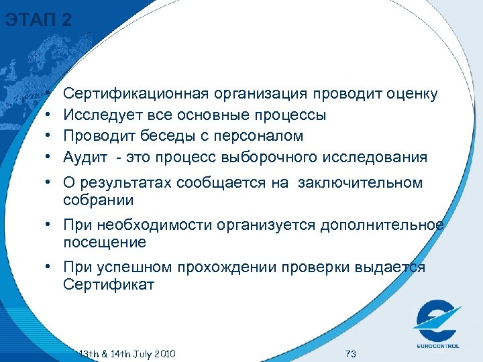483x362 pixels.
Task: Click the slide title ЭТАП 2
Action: (x=38, y=20)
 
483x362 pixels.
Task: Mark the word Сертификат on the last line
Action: (x=109, y=284)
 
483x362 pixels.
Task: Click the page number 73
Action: (x=350, y=353)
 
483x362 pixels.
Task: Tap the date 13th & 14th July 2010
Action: (x=127, y=353)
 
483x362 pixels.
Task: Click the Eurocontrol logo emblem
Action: (x=437, y=319)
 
